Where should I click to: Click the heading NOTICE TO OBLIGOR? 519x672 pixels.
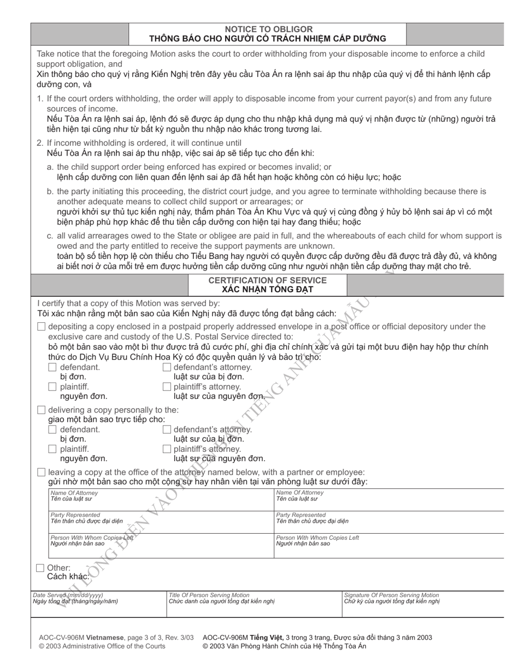point(269,29)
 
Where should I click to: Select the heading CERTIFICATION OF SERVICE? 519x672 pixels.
point(268,280)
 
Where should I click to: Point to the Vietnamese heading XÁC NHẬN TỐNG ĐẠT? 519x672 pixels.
point(268,290)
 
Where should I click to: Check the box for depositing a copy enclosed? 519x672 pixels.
point(42,327)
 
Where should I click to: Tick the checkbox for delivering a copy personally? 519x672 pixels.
point(42,410)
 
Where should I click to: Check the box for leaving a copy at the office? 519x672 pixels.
point(42,472)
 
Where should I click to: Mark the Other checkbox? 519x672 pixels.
point(40,568)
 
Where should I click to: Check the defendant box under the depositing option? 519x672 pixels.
point(52,367)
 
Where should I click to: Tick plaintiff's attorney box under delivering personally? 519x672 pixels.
point(167,449)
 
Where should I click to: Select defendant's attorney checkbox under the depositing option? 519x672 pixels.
point(167,367)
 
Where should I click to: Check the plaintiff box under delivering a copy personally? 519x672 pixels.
point(52,449)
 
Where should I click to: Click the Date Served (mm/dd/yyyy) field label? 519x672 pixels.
point(68,595)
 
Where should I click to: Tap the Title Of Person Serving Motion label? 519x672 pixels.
point(209,595)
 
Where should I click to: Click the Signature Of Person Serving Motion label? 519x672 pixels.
point(391,595)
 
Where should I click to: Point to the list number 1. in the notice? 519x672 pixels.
point(40,99)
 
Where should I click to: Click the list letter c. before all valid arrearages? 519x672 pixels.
point(50,236)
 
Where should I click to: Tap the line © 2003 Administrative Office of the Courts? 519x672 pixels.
point(102,646)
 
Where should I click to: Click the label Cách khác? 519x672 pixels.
point(68,577)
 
